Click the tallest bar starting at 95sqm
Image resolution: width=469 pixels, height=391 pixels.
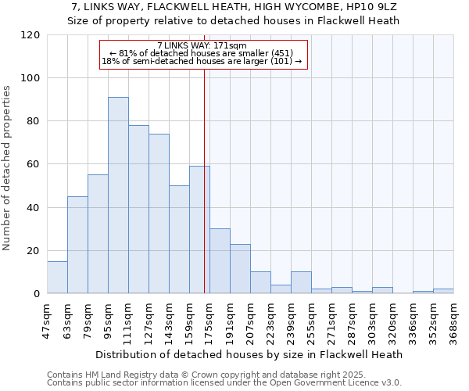point(118,195)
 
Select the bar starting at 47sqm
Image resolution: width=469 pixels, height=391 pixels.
point(57,278)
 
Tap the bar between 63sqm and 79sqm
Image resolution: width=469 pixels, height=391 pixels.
point(77,245)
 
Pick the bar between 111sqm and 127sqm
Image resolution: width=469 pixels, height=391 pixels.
point(138,210)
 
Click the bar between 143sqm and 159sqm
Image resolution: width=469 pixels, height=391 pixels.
point(179,239)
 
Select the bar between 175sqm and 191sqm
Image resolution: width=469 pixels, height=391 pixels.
point(220,261)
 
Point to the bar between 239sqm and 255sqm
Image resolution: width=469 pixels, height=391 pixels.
point(301,283)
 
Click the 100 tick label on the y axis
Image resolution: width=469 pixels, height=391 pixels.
point(31,78)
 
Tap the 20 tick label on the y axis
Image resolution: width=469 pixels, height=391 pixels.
point(34,251)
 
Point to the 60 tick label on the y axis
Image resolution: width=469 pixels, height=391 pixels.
point(34,164)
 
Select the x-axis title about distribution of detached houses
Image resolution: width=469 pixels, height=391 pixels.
point(250,354)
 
